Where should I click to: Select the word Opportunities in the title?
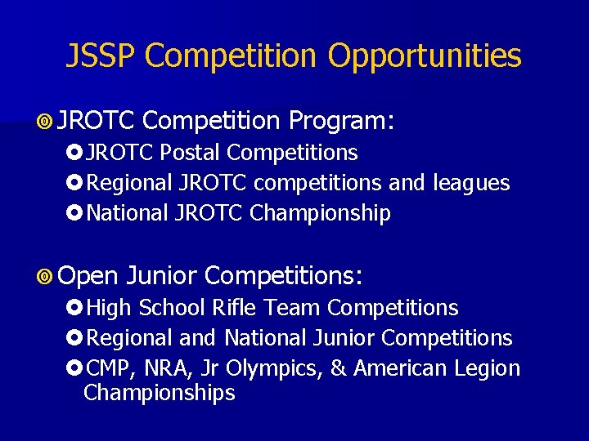pyautogui.click(x=425, y=56)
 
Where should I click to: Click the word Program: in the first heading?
pyautogui.click(x=342, y=122)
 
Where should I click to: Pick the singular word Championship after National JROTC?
pyautogui.click(x=321, y=214)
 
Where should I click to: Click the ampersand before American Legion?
pyautogui.click(x=337, y=369)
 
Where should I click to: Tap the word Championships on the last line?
pyautogui.click(x=160, y=393)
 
